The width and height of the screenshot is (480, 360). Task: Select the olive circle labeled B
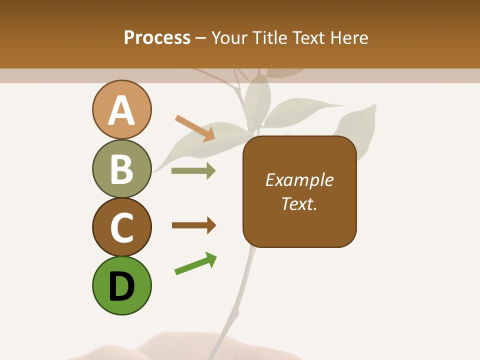pyautogui.click(x=121, y=168)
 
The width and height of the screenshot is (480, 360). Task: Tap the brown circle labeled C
pyautogui.click(x=121, y=227)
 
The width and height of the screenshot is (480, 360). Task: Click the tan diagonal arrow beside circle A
pyautogui.click(x=195, y=128)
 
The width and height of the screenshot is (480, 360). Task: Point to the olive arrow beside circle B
pyautogui.click(x=193, y=171)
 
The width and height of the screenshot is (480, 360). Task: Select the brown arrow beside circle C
pyautogui.click(x=194, y=225)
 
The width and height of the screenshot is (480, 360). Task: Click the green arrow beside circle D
pyautogui.click(x=195, y=264)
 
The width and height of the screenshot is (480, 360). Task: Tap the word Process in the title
pyautogui.click(x=157, y=38)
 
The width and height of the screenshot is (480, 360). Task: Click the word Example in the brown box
pyautogui.click(x=299, y=180)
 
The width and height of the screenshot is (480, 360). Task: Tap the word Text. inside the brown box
pyautogui.click(x=299, y=203)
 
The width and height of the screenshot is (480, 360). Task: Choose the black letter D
pyautogui.click(x=121, y=287)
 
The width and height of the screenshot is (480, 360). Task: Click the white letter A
pyautogui.click(x=121, y=111)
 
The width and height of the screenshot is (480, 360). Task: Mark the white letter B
pyautogui.click(x=121, y=169)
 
